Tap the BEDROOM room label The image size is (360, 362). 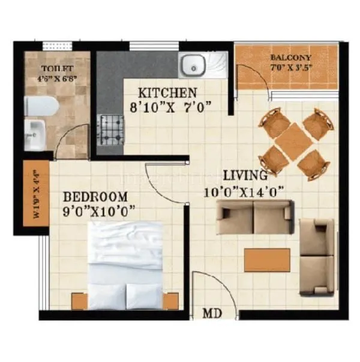95,197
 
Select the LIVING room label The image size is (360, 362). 245,176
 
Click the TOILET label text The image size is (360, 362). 58,69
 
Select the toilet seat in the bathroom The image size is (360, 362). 41,107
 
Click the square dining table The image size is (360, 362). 293,141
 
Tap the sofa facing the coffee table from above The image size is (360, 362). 254,217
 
